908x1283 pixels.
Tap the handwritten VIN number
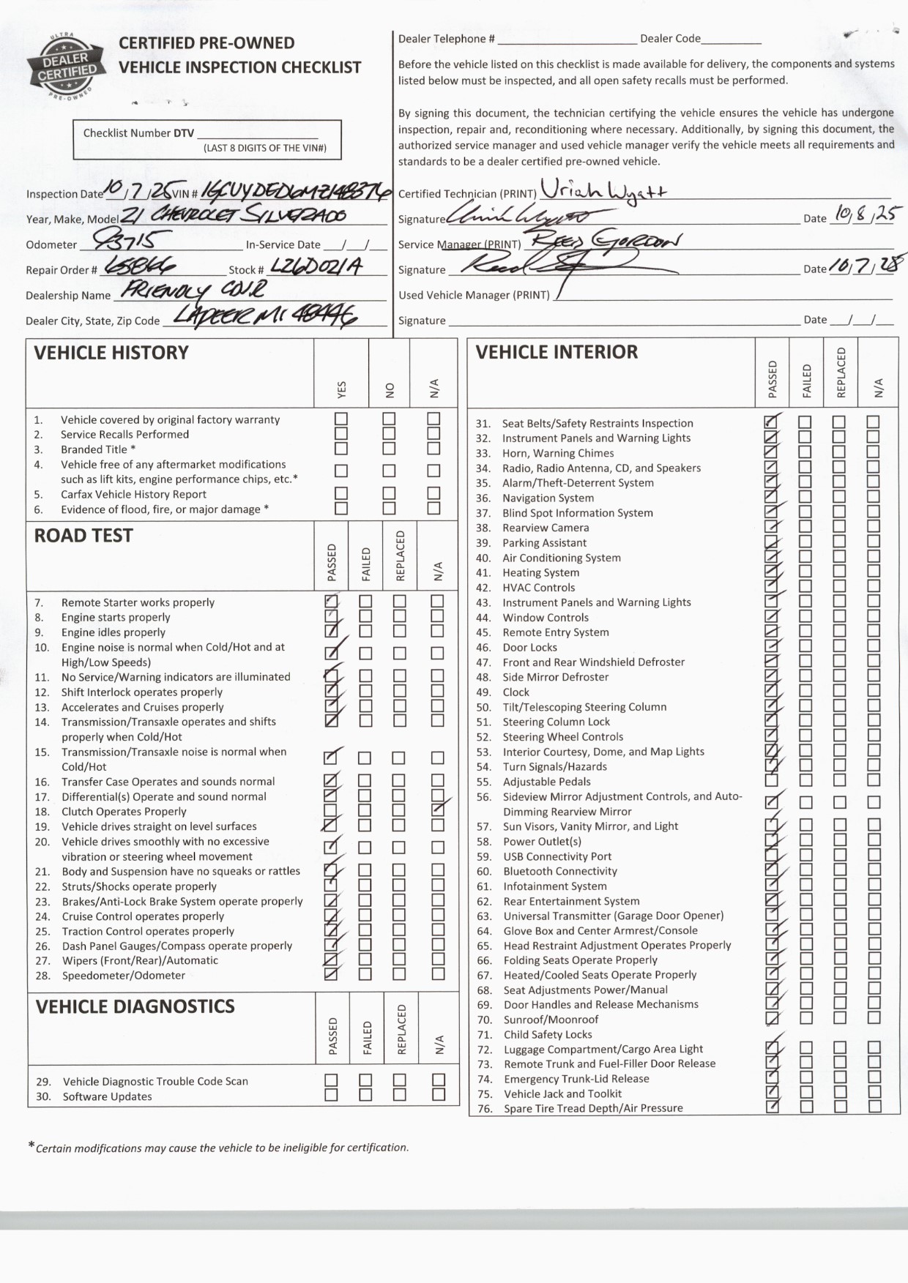pyautogui.click(x=296, y=191)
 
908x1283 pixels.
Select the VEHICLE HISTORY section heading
pyautogui.click(x=111, y=353)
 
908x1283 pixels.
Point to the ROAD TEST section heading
pyautogui.click(x=83, y=536)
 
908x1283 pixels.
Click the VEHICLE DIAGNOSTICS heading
pyautogui.click(x=135, y=1006)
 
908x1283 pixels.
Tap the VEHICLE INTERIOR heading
pyautogui.click(x=557, y=352)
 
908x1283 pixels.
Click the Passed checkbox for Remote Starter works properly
pyautogui.click(x=332, y=602)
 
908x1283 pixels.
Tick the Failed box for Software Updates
pyautogui.click(x=365, y=1095)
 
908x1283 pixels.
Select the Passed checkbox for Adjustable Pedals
pyautogui.click(x=771, y=781)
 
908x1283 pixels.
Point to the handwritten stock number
pyautogui.click(x=316, y=266)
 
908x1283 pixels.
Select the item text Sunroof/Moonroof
pyautogui.click(x=551, y=1020)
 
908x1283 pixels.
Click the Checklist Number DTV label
pyautogui.click(x=138, y=133)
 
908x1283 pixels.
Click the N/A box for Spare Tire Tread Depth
pyautogui.click(x=874, y=1107)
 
